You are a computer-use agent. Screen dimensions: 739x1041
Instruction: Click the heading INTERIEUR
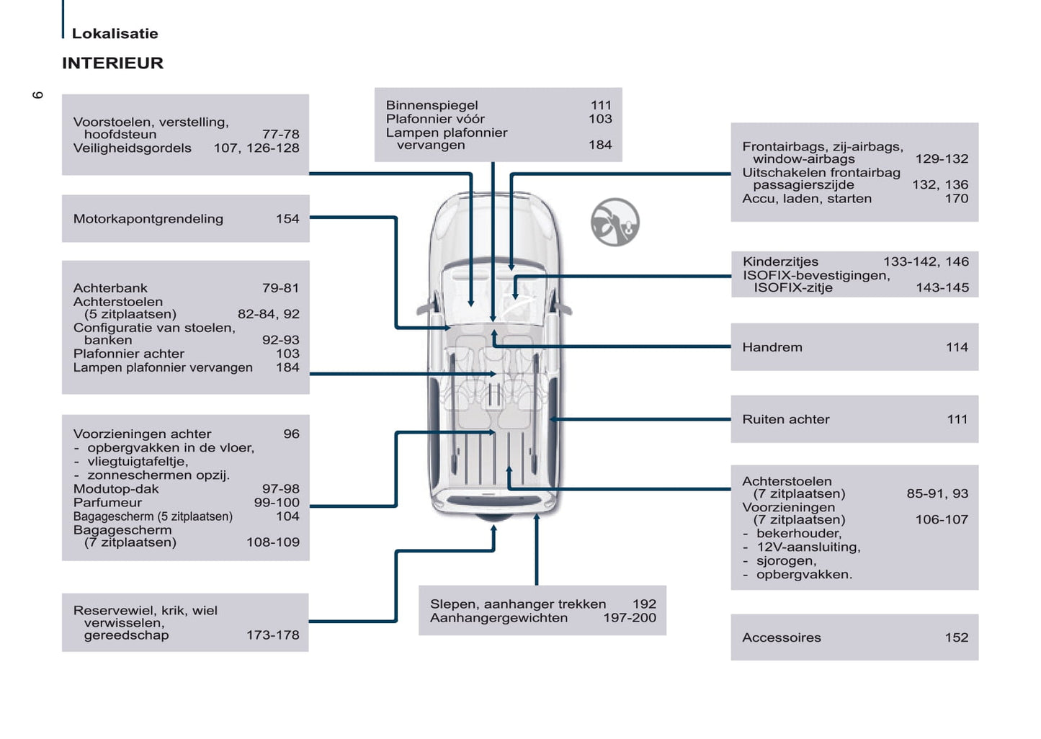(112, 63)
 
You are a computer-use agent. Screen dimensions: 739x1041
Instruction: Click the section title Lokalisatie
(115, 33)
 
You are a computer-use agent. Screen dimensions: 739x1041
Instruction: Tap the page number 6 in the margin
(38, 95)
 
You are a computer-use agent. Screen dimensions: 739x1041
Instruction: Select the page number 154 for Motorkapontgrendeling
(287, 219)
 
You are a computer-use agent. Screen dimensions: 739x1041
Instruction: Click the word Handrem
(772, 347)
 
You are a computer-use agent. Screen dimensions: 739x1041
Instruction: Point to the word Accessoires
(781, 637)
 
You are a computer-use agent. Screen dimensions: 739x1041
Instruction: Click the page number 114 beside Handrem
(956, 347)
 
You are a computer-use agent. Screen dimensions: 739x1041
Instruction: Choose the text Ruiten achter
(785, 419)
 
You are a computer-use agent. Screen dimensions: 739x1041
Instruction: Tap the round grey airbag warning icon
(615, 223)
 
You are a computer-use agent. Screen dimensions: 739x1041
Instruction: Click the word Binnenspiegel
(432, 105)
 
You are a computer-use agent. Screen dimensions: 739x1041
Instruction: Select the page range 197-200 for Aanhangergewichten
(629, 618)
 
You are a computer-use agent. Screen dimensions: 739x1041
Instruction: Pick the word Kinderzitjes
(780, 261)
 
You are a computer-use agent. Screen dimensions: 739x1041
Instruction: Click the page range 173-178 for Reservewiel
(272, 635)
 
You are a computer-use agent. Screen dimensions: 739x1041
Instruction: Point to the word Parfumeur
(107, 503)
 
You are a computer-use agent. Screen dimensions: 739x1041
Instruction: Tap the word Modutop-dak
(115, 489)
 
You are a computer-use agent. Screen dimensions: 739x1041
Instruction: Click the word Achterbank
(110, 288)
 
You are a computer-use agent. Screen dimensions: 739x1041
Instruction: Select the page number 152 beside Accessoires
(956, 637)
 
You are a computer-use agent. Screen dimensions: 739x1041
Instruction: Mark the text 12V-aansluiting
(808, 547)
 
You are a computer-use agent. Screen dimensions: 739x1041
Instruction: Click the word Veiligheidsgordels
(132, 148)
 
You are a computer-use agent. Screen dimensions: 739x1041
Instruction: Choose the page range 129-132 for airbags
(941, 159)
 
